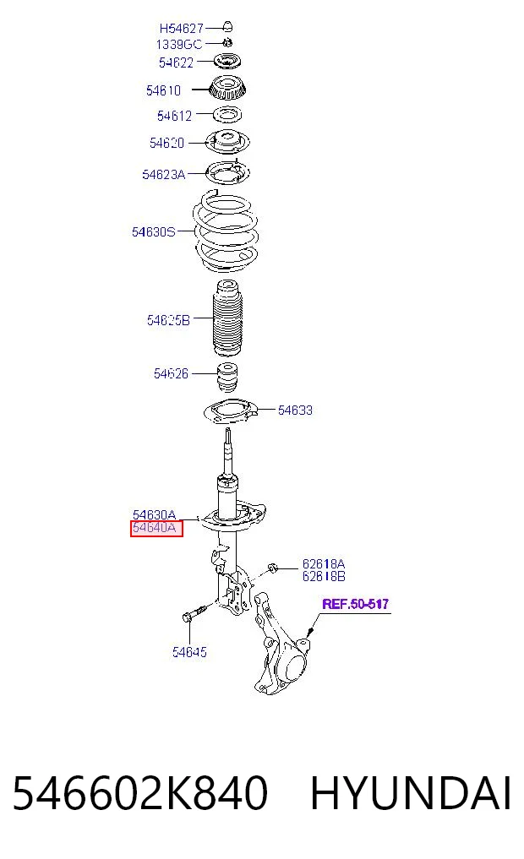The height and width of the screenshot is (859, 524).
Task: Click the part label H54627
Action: click(x=182, y=28)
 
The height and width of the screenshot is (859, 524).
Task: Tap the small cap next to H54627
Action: click(x=228, y=25)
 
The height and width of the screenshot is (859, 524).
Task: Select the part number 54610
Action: click(x=163, y=90)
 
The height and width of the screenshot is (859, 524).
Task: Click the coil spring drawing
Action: click(x=226, y=231)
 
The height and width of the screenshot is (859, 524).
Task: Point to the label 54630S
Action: click(x=154, y=231)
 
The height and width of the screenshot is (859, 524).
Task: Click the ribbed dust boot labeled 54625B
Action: click(x=227, y=318)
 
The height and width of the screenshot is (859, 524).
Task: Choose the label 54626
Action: click(x=171, y=373)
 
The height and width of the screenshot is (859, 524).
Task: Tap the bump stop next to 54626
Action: click(x=227, y=377)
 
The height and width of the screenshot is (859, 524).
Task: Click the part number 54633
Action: click(x=295, y=410)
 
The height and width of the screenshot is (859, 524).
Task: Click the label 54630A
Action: click(x=154, y=515)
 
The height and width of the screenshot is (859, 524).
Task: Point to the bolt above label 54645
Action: click(x=194, y=613)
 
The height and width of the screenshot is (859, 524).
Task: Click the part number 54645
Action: click(x=189, y=652)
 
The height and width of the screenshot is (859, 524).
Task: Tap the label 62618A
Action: click(x=324, y=563)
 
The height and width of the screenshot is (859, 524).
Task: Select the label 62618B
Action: click(x=324, y=576)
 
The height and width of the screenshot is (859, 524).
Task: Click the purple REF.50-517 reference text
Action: click(x=355, y=604)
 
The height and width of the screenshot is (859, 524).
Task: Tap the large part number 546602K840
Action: click(x=140, y=793)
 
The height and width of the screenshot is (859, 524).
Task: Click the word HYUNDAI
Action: click(x=411, y=793)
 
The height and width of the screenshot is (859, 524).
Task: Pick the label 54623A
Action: click(x=163, y=175)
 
